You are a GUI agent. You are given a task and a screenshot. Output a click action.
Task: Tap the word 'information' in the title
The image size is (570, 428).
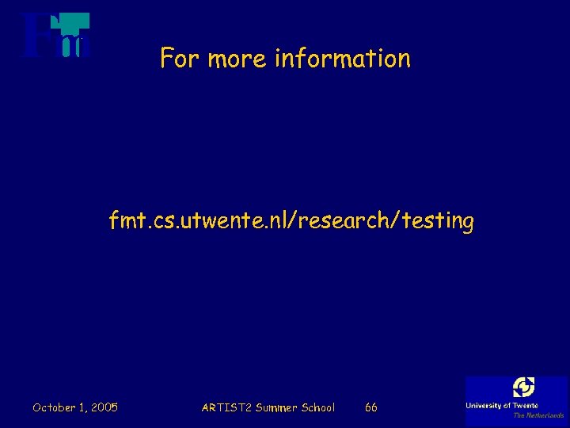pyautogui.click(x=343, y=59)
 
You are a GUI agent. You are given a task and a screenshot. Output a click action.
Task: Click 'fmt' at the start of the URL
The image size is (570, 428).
pyautogui.click(x=125, y=222)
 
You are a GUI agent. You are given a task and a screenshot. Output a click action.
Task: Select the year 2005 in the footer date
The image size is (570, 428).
pyautogui.click(x=104, y=407)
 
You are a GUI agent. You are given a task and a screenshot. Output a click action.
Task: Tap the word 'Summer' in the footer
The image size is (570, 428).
pyautogui.click(x=276, y=407)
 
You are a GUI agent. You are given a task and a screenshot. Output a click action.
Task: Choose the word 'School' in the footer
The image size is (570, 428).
pyautogui.click(x=318, y=407)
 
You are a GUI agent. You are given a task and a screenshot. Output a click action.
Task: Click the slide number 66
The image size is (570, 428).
pyautogui.click(x=370, y=407)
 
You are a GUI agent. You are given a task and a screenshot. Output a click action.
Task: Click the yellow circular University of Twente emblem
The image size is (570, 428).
pyautogui.click(x=523, y=388)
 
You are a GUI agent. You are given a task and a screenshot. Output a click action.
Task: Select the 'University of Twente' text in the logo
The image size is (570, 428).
pyautogui.click(x=502, y=406)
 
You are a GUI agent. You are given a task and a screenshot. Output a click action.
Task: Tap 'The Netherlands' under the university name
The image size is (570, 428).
pyautogui.click(x=538, y=415)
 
